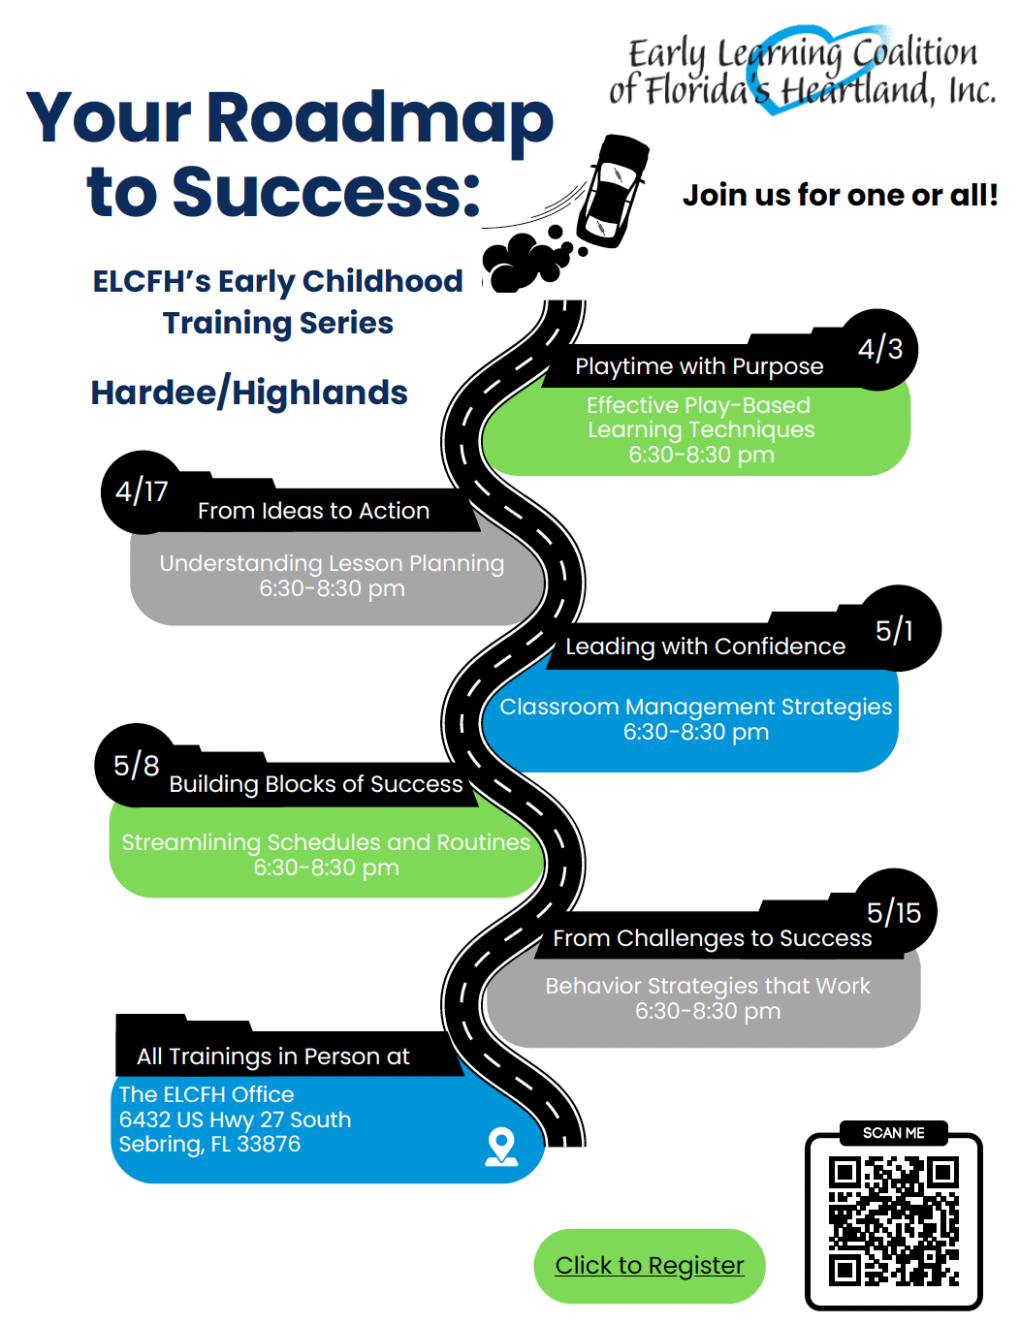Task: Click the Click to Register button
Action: (649, 1266)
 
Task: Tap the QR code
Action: (893, 1221)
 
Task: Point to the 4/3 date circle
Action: (879, 349)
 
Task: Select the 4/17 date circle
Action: (142, 491)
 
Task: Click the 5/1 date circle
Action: (895, 630)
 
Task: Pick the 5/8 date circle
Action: (136, 766)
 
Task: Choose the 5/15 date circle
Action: (894, 912)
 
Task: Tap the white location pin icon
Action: (501, 1146)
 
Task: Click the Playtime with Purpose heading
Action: (698, 366)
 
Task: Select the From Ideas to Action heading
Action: (313, 511)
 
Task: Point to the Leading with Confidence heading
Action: (705, 646)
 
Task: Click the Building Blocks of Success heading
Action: (316, 784)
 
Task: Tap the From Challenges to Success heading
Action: (712, 938)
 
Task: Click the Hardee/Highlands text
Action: (249, 393)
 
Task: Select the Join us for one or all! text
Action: (840, 195)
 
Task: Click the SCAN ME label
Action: (893, 1133)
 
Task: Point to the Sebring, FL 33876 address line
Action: (209, 1145)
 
